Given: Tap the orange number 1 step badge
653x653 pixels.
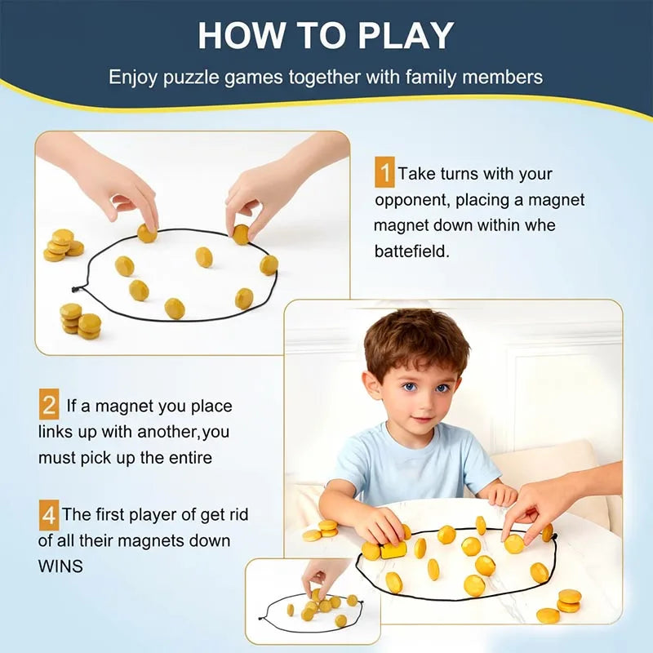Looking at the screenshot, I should coord(384,174).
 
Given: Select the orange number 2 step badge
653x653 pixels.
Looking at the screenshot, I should coord(49,405).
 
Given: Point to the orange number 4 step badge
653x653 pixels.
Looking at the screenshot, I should coord(49,515).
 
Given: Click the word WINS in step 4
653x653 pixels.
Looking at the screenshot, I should coord(61,566).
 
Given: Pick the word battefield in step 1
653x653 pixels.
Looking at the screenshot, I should coord(411,251).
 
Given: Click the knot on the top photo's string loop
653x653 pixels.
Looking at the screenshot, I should coord(77,288).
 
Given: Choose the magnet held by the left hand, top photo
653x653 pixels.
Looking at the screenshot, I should coord(147,233).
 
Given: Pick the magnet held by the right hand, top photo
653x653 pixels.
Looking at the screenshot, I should coord(241,234).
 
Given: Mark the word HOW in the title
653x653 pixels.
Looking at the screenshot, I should coord(237,36).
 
